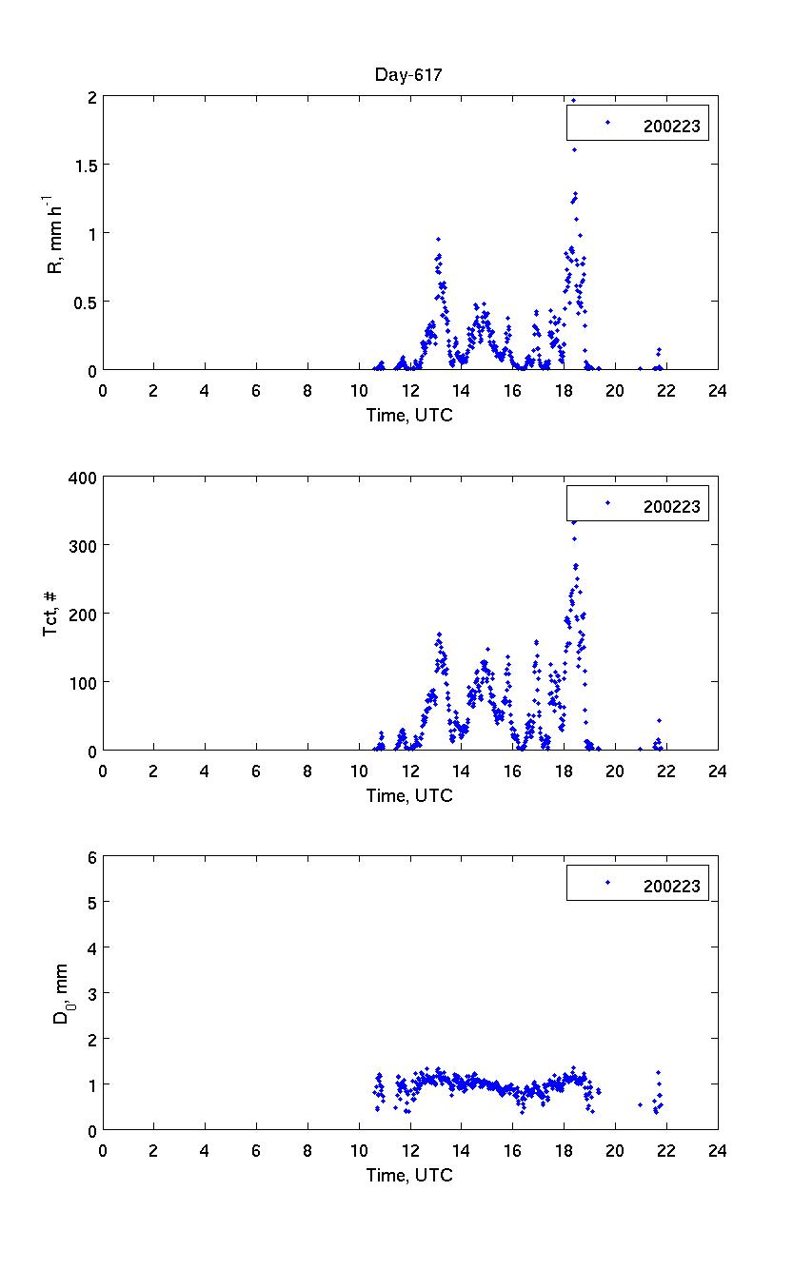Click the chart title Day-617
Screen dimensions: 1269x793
coord(409,76)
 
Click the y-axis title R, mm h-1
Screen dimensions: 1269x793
coord(56,233)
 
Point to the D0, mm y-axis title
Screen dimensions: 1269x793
coord(59,993)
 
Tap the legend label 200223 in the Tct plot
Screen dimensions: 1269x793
coord(671,507)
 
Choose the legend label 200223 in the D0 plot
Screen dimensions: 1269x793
coord(671,887)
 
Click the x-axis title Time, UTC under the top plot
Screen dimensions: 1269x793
coord(409,415)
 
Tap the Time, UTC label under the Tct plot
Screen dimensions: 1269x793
coord(409,795)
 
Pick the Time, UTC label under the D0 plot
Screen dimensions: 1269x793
coord(409,1175)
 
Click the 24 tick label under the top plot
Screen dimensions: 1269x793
coord(718,390)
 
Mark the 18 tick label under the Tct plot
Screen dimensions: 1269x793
coord(564,771)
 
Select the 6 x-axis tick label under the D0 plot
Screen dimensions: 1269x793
coord(256,1150)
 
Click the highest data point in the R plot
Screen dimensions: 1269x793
coord(573,99)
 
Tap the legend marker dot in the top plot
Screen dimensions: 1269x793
coord(607,122)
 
